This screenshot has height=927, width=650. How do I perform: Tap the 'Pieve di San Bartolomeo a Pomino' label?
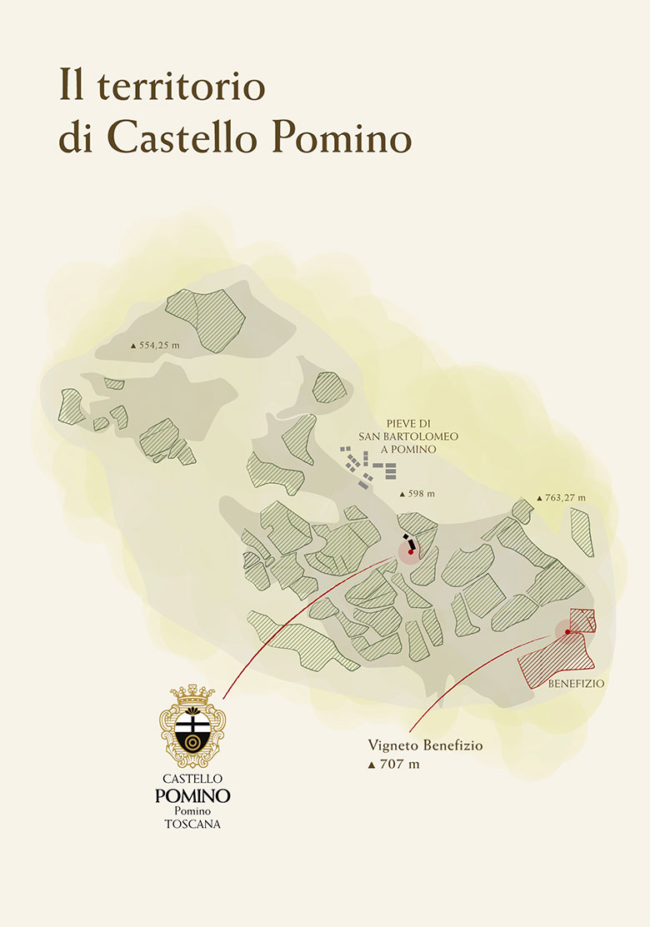pos(398,436)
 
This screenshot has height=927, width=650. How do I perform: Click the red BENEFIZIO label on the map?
pos(576,684)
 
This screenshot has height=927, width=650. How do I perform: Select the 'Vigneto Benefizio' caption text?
pos(425,746)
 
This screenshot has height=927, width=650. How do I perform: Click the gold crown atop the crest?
pos(192,693)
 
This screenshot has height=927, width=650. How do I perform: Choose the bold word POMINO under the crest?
pos(192,795)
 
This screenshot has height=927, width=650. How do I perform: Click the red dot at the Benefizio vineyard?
pos(567,632)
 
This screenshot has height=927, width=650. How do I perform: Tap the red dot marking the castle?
pos(410,552)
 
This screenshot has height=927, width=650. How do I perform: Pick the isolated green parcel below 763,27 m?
pos(582,532)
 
